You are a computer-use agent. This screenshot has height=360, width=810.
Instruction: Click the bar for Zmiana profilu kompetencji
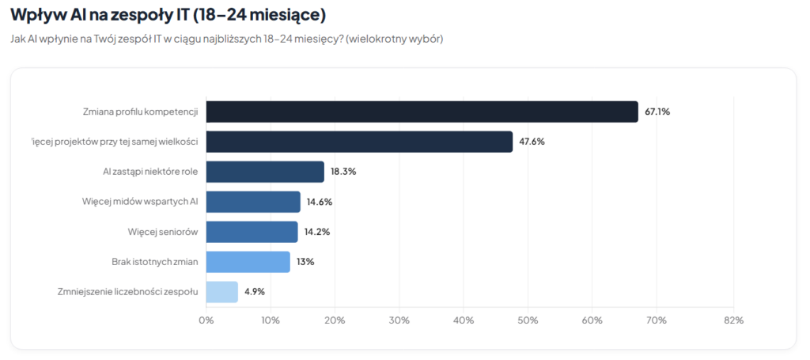[x=422, y=112]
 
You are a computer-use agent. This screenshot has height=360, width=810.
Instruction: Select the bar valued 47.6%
[x=359, y=142]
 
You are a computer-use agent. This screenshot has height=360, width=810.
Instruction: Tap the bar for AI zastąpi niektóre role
[x=265, y=172]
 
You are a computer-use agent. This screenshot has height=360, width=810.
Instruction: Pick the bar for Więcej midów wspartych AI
[x=253, y=202]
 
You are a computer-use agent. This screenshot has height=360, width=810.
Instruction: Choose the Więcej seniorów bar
[x=252, y=232]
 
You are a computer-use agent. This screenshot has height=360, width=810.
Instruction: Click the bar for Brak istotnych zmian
[x=248, y=262]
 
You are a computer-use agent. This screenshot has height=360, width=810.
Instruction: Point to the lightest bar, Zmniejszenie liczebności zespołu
[x=221, y=292]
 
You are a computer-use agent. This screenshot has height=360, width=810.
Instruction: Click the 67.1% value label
[x=657, y=112]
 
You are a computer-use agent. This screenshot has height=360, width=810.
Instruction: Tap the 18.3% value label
[x=343, y=172]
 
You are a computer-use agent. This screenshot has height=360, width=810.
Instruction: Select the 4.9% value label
[x=255, y=292]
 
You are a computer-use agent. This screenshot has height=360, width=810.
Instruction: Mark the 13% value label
[x=305, y=262]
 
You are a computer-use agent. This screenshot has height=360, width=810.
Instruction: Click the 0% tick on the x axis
[x=206, y=320]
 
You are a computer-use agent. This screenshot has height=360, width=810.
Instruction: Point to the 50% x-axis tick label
[x=528, y=320]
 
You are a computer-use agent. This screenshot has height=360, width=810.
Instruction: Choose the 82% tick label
[x=733, y=320]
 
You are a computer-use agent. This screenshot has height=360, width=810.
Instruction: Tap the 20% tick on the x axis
[x=335, y=320]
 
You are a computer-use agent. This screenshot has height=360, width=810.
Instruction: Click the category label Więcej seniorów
[x=162, y=232]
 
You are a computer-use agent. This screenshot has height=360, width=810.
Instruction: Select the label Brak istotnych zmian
[x=154, y=262]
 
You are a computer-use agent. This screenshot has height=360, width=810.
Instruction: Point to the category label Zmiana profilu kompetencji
[x=140, y=112]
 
